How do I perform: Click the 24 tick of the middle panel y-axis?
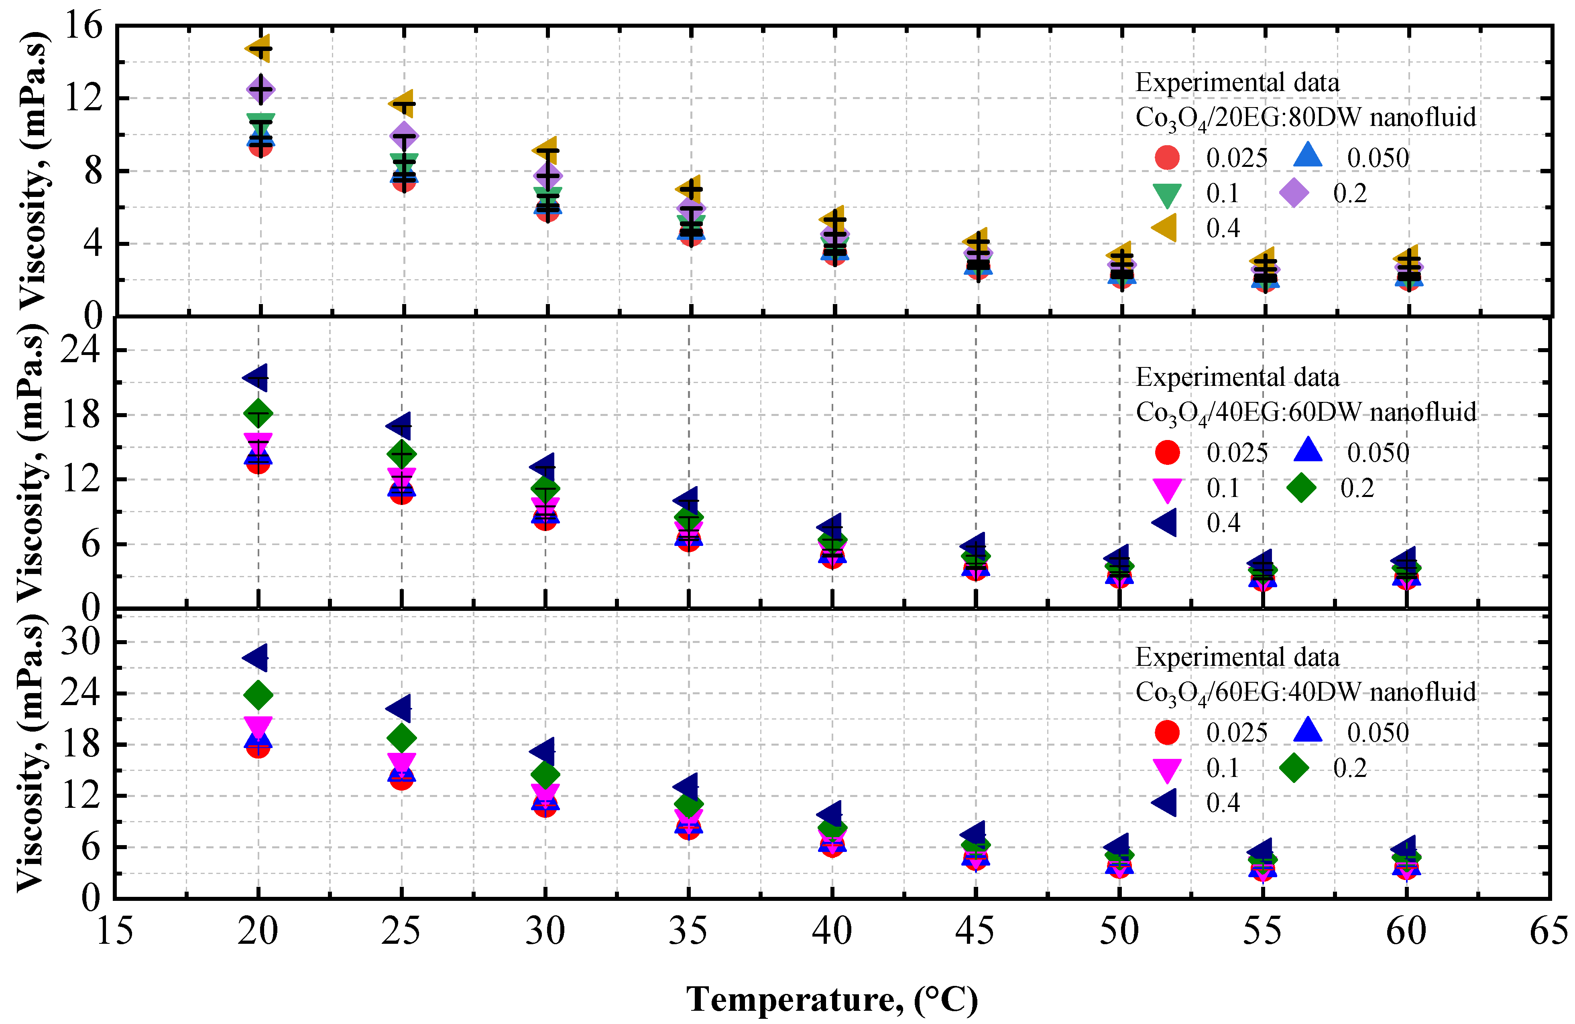[x=81, y=349]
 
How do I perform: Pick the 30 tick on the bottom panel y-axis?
[x=81, y=642]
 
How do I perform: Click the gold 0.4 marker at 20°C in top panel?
[x=258, y=48]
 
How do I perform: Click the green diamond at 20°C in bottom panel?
[x=258, y=695]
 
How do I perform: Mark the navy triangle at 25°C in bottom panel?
[x=399, y=708]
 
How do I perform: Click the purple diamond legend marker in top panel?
[x=1294, y=193]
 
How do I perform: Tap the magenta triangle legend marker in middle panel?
[x=1167, y=489]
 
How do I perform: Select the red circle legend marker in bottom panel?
[x=1167, y=732]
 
